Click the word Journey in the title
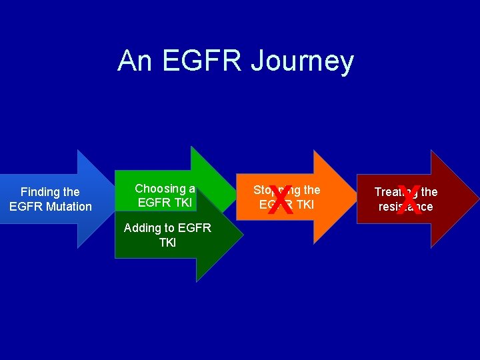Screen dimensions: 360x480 tap(302, 61)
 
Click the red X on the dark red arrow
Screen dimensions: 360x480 tap(409, 200)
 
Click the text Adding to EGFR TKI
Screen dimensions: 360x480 tap(167, 235)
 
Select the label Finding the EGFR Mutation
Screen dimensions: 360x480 tap(51, 199)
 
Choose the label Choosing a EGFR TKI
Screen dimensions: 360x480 tap(165, 196)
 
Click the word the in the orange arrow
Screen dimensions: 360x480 tap(311, 190)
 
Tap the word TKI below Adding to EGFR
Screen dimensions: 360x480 tap(167, 243)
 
